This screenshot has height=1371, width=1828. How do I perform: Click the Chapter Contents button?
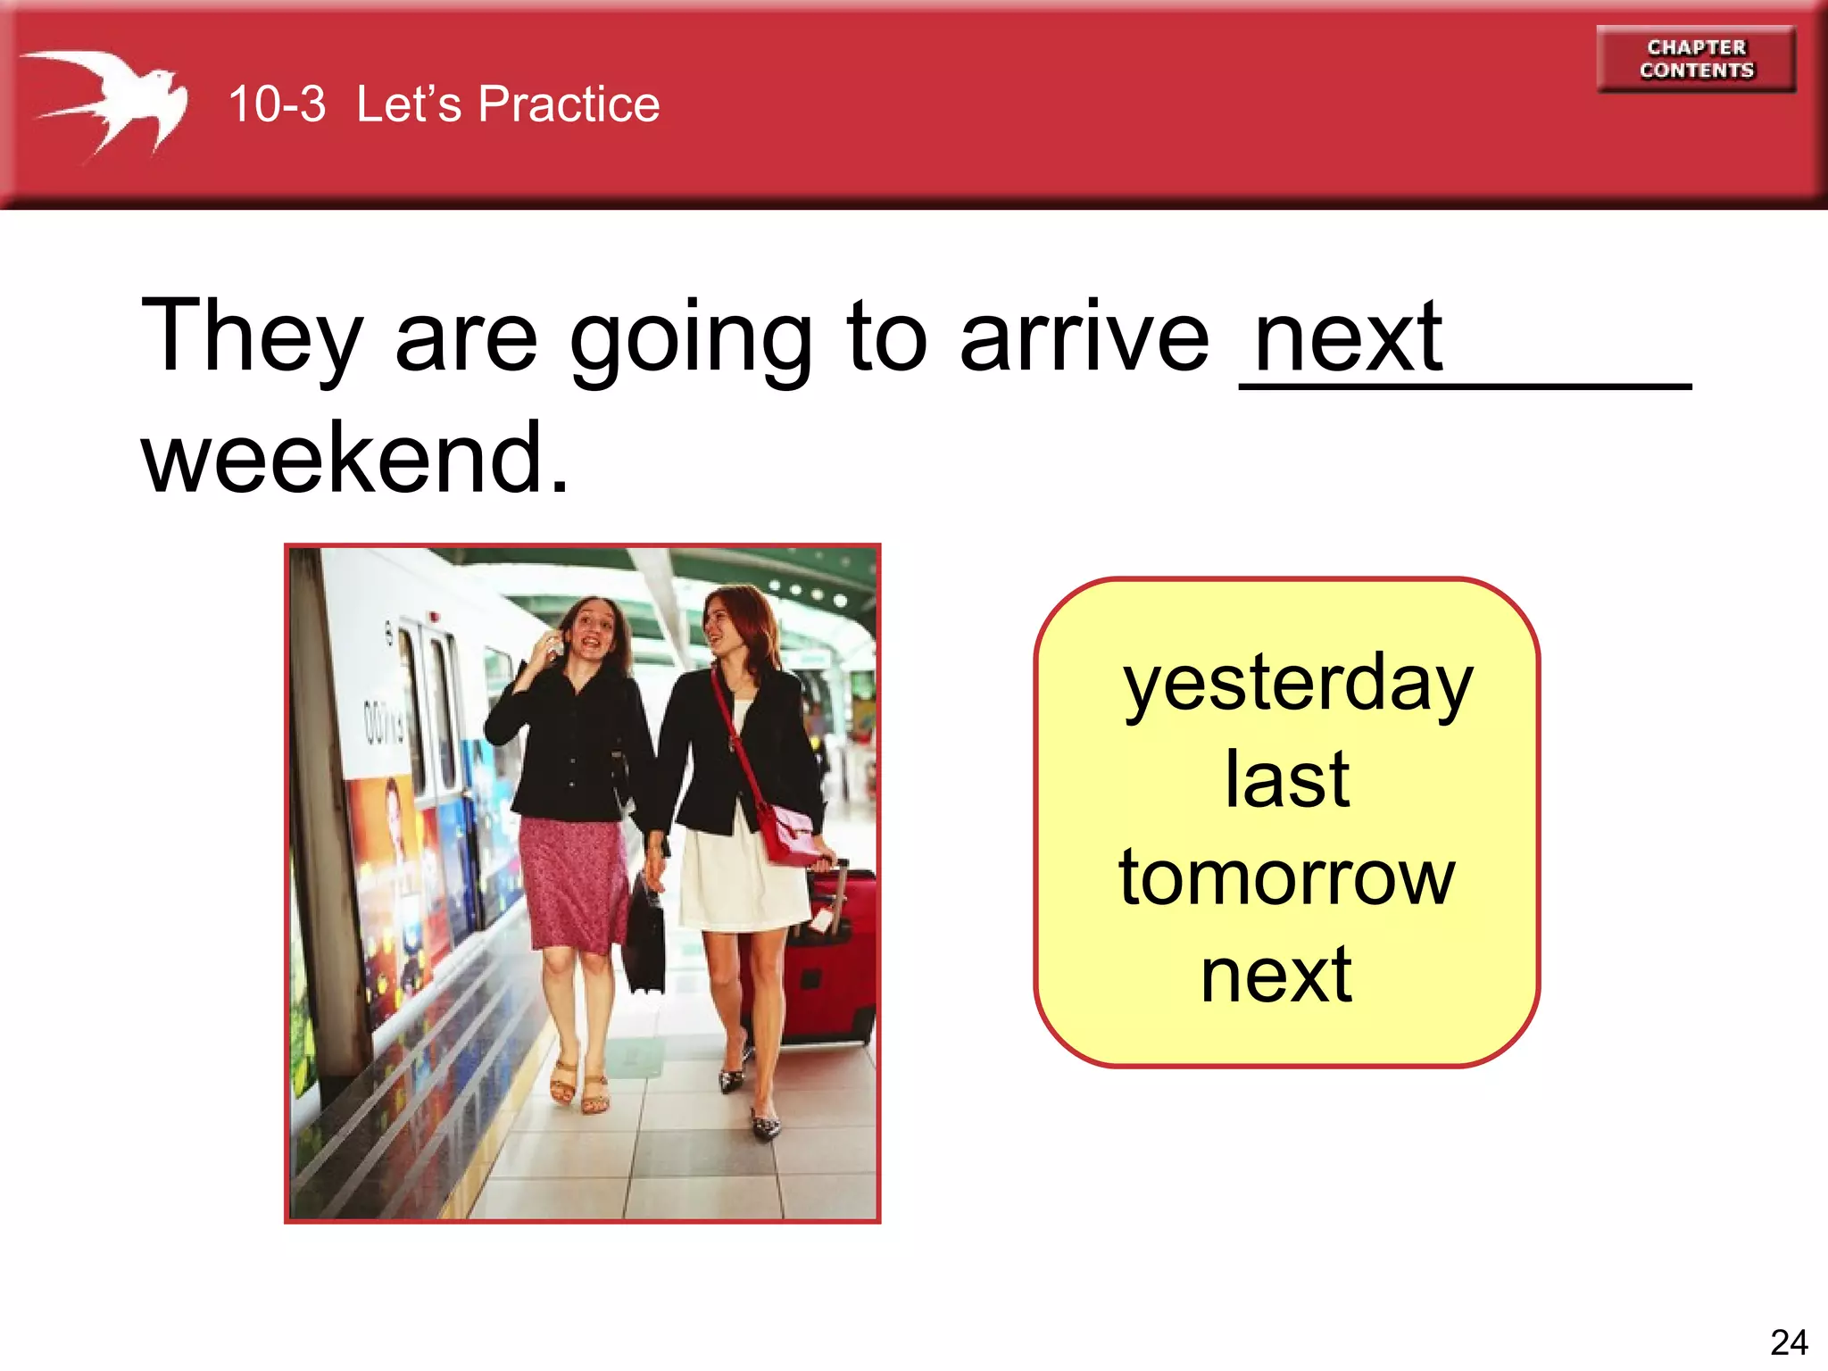[x=1696, y=59]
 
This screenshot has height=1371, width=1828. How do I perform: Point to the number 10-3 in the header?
[x=277, y=104]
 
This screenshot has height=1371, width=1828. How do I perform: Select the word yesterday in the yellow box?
[x=1297, y=685]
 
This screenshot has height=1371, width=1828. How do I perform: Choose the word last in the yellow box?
[x=1286, y=780]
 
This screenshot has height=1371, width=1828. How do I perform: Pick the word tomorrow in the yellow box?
[x=1286, y=877]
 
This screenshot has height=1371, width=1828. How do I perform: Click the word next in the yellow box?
[x=1276, y=975]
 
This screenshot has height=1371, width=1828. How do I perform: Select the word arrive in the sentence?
[x=1084, y=337]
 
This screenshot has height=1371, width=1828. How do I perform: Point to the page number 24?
[x=1788, y=1342]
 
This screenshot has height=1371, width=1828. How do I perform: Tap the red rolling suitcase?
[x=830, y=964]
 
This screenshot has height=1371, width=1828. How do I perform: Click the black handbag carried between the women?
[x=644, y=937]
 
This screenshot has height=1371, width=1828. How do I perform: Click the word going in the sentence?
[x=691, y=337]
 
